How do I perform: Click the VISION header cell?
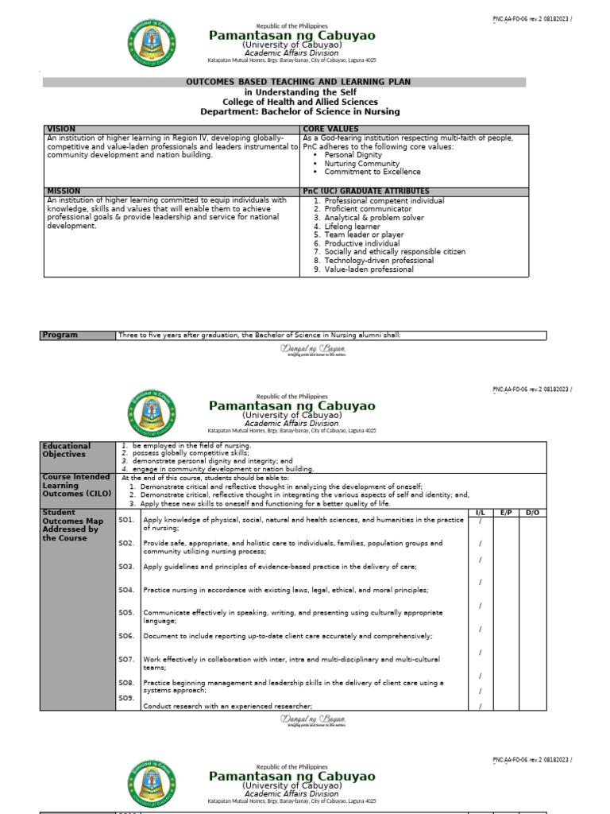pos(61,129)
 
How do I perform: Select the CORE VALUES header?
pos(330,129)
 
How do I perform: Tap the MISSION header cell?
pos(64,192)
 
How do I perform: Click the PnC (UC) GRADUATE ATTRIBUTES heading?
pos(366,192)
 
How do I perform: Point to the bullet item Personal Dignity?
pos(353,155)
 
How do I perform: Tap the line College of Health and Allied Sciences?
pos(299,103)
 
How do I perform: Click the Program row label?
pos(60,335)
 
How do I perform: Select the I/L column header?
pos(480,513)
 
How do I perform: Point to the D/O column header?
pos(532,513)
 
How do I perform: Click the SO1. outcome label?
pos(125,520)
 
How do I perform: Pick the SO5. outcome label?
pos(125,613)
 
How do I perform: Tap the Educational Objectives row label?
pos(68,451)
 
